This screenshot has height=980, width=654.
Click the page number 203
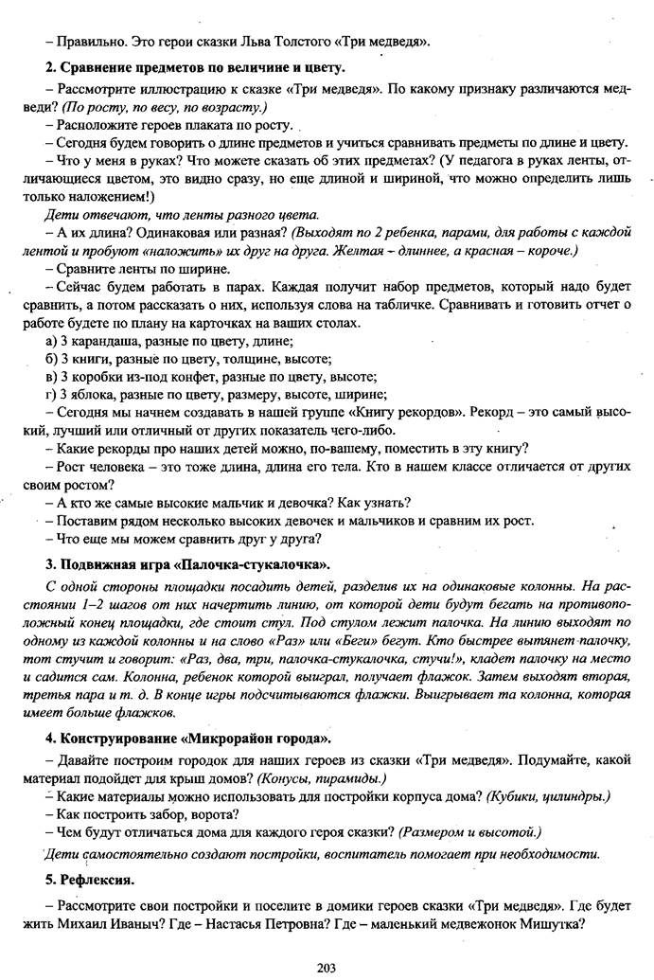point(327,966)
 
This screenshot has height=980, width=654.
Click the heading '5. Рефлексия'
point(90,880)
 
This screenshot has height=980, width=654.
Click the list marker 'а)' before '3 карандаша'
point(52,340)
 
